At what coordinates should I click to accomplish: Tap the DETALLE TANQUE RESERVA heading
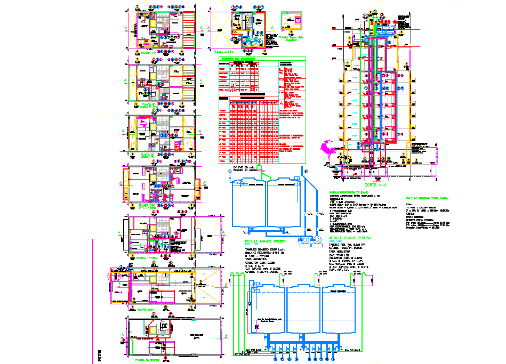[x=349, y=238]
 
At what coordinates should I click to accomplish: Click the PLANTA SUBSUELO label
[x=148, y=360]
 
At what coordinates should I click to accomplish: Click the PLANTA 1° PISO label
[x=148, y=257]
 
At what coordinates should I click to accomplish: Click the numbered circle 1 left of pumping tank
[x=230, y=171]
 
